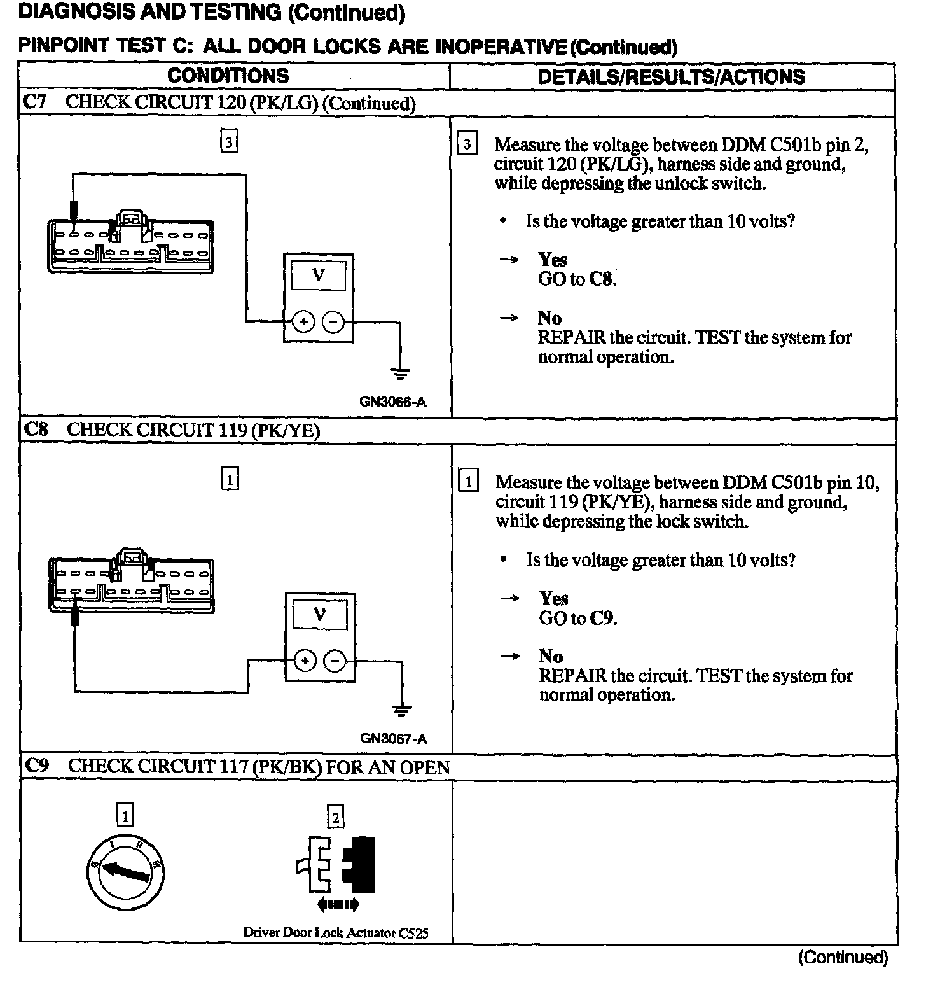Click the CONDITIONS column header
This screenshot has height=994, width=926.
(228, 76)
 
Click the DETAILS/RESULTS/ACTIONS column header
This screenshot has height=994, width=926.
(671, 77)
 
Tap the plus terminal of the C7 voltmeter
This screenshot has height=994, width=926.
(303, 322)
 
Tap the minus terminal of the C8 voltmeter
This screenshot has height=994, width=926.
(335, 661)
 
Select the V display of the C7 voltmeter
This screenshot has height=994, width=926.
(318, 276)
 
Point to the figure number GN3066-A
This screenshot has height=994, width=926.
(392, 402)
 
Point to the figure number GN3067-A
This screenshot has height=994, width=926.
(394, 739)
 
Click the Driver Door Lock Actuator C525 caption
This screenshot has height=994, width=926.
(336, 933)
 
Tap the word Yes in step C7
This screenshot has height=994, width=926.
(552, 260)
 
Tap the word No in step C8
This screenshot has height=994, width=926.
(551, 656)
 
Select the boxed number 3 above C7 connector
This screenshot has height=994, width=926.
(229, 141)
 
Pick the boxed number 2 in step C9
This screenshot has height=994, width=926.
(335, 816)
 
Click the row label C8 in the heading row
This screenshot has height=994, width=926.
(36, 430)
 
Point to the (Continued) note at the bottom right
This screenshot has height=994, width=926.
(843, 957)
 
